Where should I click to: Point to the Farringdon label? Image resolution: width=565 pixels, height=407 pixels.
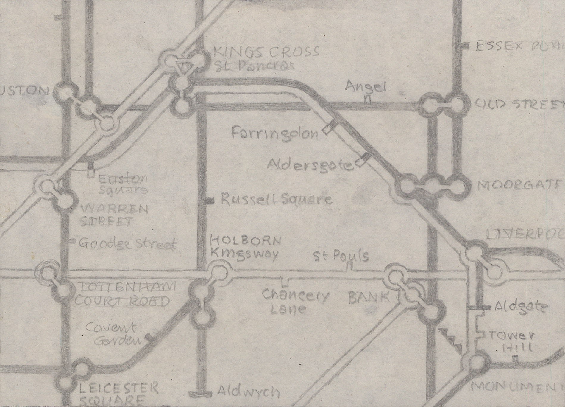tap(274, 134)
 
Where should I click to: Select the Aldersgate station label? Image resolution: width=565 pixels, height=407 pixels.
tap(309, 164)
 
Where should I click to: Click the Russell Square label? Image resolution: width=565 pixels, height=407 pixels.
tap(276, 199)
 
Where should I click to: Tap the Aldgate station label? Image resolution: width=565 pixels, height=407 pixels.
tap(520, 307)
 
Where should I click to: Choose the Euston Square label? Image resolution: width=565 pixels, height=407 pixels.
tap(122, 184)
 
